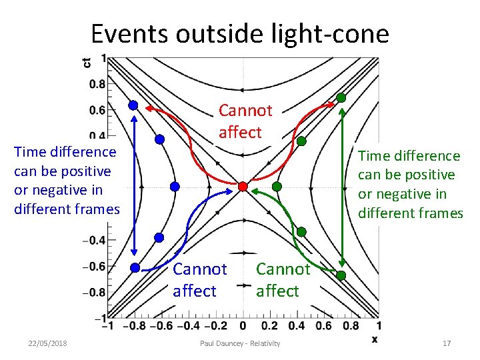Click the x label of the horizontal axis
375,339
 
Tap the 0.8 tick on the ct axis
97,84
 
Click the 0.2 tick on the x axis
269,326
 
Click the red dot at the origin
243,186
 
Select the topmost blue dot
133,105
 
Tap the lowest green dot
341,275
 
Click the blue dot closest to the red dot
175,187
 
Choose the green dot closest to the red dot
277,186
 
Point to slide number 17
447,343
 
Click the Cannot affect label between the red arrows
245,121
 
